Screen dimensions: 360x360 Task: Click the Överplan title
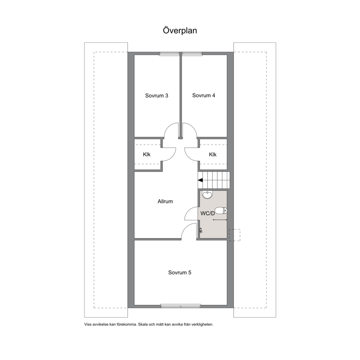pyautogui.click(x=180, y=30)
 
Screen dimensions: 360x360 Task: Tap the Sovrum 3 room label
pyautogui.click(x=156, y=95)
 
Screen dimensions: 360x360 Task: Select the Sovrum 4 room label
pyautogui.click(x=204, y=95)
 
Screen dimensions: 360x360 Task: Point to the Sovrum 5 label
pyautogui.click(x=180, y=273)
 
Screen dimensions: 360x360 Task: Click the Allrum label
pyautogui.click(x=165, y=201)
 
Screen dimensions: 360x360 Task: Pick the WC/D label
pyautogui.click(x=208, y=213)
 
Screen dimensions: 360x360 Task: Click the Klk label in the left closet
pyautogui.click(x=147, y=155)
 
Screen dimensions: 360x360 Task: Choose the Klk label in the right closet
pyautogui.click(x=213, y=155)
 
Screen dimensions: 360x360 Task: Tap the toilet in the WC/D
pyautogui.click(x=221, y=210)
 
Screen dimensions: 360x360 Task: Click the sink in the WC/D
pyautogui.click(x=207, y=195)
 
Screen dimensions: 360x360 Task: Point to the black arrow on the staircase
pyautogui.click(x=200, y=180)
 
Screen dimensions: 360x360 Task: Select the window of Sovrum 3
pyautogui.click(x=169, y=54)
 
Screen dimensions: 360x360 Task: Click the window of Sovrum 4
pyautogui.click(x=192, y=54)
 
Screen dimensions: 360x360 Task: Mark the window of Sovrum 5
pyautogui.click(x=181, y=306)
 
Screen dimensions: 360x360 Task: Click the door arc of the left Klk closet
pyautogui.click(x=173, y=156)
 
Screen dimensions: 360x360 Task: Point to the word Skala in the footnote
pyautogui.click(x=143, y=325)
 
